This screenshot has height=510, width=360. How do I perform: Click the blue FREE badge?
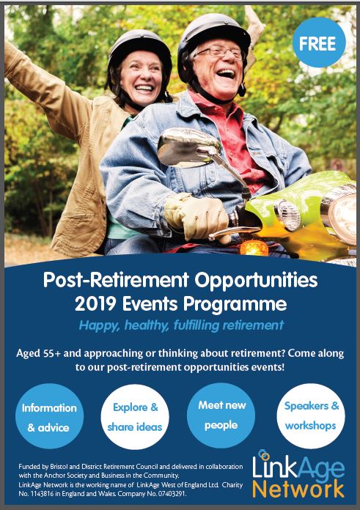click(x=319, y=42)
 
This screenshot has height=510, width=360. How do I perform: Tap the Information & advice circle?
click(x=49, y=416)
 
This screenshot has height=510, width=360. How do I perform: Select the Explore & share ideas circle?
click(x=135, y=417)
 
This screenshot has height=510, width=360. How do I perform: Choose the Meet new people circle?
click(x=221, y=415)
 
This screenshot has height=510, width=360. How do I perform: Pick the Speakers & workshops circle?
click(x=311, y=415)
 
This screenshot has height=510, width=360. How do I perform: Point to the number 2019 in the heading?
click(x=95, y=304)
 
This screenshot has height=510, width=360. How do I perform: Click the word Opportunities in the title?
click(x=256, y=281)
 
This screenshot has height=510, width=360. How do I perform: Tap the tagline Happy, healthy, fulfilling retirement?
click(x=181, y=325)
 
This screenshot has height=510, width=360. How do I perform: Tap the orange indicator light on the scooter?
click(x=254, y=248)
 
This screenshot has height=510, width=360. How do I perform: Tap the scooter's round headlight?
click(x=342, y=214)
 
